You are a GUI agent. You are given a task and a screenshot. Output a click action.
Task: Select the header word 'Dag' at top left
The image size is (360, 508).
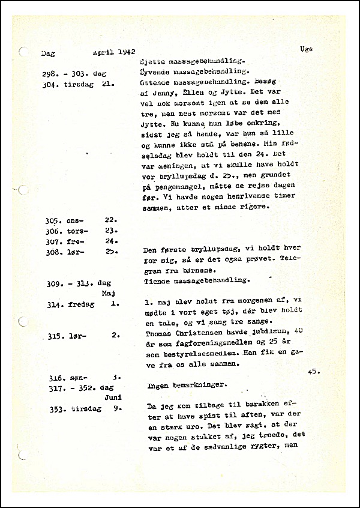(47, 53)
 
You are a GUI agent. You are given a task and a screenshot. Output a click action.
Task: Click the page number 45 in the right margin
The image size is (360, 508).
(314, 372)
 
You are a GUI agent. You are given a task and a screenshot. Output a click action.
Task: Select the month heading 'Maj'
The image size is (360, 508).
(109, 293)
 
